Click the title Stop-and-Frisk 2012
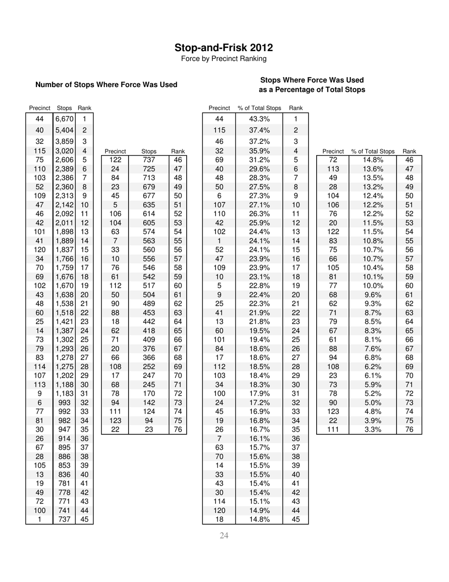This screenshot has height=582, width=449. click(x=224, y=48)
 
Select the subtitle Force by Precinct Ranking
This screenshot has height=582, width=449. click(x=224, y=59)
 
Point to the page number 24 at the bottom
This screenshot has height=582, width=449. click(x=224, y=536)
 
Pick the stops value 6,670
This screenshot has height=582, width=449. click(x=64, y=119)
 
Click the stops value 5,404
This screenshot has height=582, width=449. click(x=64, y=130)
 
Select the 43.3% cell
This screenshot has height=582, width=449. click(x=259, y=119)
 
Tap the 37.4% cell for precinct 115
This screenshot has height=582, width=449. click(x=259, y=130)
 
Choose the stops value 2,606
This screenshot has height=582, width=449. click(x=64, y=160)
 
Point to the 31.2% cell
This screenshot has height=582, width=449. click(x=259, y=160)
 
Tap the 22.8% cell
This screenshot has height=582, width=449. click(x=259, y=285)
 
